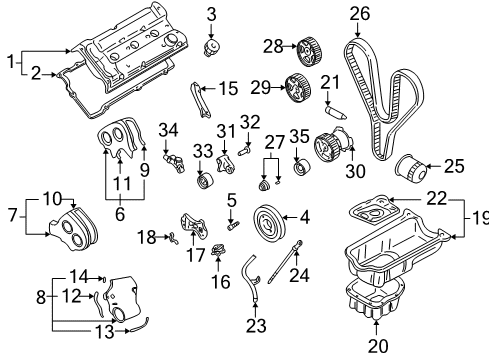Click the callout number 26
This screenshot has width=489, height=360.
pyautogui.click(x=360, y=14)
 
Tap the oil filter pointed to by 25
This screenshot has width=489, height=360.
pyautogui.click(x=411, y=168)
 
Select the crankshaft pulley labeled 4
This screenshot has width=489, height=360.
pyautogui.click(x=268, y=221)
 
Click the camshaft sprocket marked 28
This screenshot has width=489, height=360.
pyautogui.click(x=309, y=53)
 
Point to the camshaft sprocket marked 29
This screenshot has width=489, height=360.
pyautogui.click(x=298, y=88)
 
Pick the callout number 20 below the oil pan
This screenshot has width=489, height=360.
pyautogui.click(x=378, y=345)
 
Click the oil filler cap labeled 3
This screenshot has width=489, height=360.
pyautogui.click(x=211, y=47)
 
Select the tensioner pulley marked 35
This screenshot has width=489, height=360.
pyautogui.click(x=301, y=168)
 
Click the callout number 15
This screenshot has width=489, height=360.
pyautogui.click(x=228, y=89)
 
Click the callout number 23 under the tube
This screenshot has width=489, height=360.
pyautogui.click(x=256, y=326)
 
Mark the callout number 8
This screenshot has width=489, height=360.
pyautogui.click(x=41, y=297)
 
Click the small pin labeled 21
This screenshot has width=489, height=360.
pyautogui.click(x=335, y=112)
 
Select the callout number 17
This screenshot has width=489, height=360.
pyautogui.click(x=195, y=255)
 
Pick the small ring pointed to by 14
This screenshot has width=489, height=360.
pyautogui.click(x=104, y=278)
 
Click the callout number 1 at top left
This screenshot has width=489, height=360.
pyautogui.click(x=11, y=62)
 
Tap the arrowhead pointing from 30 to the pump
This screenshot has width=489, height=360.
pyautogui.click(x=353, y=147)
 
